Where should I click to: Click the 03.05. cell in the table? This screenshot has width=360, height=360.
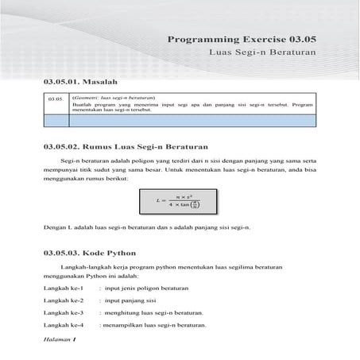coord(55,99)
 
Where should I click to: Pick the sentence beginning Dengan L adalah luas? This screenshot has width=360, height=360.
coord(146,229)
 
